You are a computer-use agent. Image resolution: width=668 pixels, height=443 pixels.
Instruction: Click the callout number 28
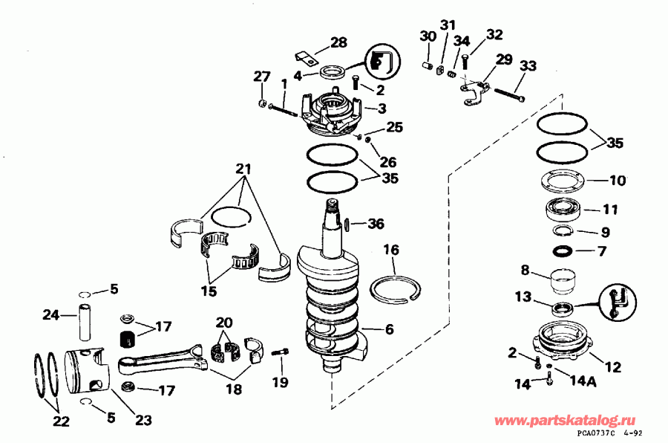coord(338,42)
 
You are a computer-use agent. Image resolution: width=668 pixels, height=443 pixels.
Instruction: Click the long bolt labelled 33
coord(509,95)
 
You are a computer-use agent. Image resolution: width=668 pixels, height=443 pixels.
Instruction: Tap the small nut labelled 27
coord(263,103)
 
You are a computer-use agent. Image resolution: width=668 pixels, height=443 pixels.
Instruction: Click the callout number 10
coord(618,180)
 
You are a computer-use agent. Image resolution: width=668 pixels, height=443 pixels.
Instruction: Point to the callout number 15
coord(210,291)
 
